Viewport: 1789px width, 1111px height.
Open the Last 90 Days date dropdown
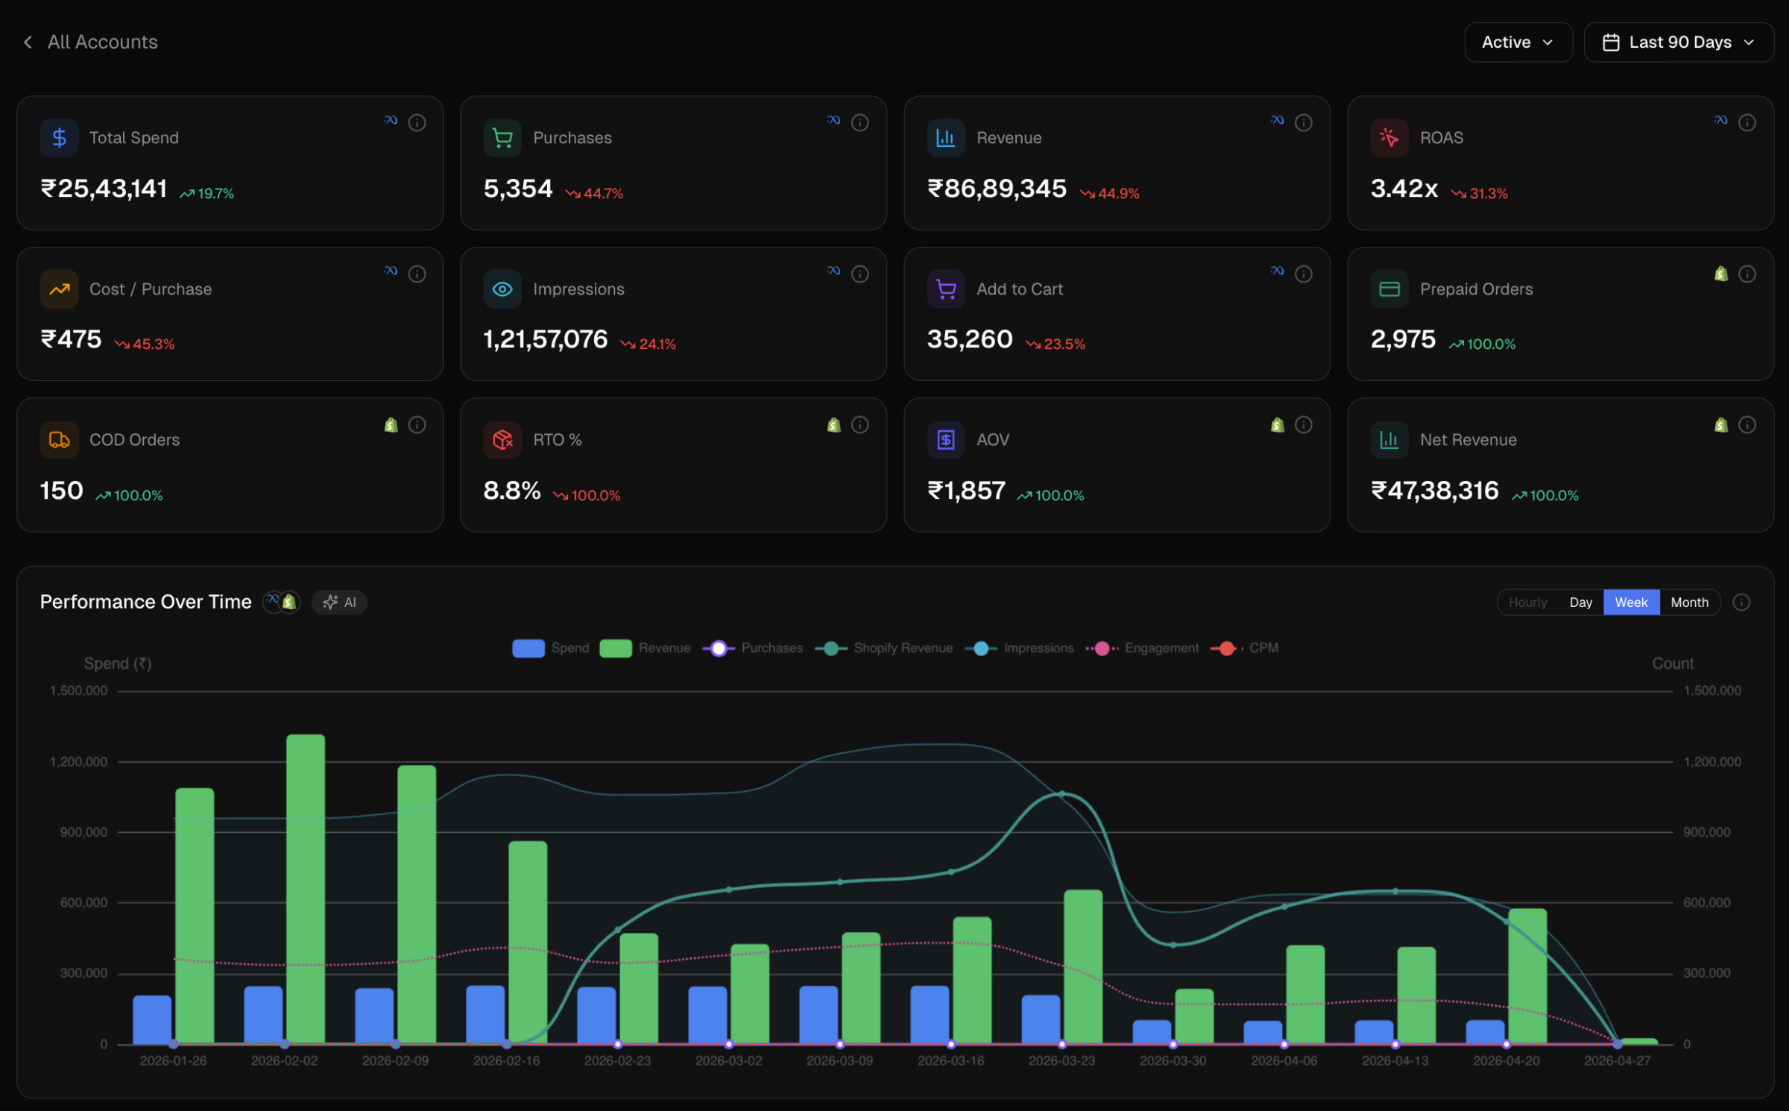[x=1678, y=43]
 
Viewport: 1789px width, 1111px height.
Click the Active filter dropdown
[x=1518, y=43]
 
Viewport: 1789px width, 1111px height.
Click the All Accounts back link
[x=91, y=43]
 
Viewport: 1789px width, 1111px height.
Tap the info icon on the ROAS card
[x=1747, y=122]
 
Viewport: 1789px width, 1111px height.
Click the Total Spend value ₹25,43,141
[x=104, y=189]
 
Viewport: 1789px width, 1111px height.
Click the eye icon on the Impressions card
[x=502, y=289]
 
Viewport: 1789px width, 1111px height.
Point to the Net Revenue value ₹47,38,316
[x=1434, y=491]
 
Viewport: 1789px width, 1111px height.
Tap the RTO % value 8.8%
[x=511, y=491]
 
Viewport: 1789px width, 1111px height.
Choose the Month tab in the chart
[x=1689, y=602]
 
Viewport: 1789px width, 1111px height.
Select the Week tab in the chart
[x=1631, y=602]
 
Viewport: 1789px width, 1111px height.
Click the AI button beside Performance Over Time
[x=339, y=602]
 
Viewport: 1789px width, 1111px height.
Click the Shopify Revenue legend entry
[x=884, y=649]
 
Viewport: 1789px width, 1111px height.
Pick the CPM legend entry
[x=1245, y=649]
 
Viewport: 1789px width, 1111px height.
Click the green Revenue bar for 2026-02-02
[x=306, y=887]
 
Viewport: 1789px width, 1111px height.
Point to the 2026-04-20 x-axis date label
[x=1506, y=1061]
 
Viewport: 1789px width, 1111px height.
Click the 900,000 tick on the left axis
[x=83, y=832]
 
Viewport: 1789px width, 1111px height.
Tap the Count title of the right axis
[x=1672, y=664]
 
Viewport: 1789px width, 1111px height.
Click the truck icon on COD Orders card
[x=59, y=440]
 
